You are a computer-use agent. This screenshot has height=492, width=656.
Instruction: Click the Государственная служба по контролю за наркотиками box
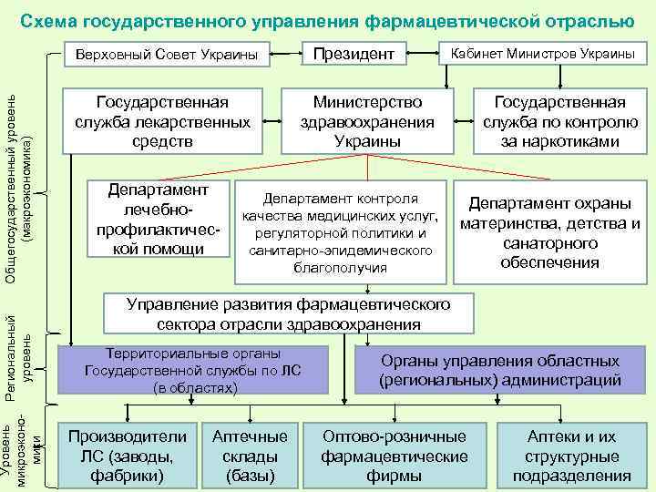pos(559,121)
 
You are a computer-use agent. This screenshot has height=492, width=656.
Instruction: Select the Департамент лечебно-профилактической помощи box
pos(158,219)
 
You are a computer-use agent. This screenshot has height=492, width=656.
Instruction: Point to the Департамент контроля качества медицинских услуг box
pos(340,232)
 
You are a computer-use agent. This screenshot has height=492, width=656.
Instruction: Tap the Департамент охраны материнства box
pos(549,232)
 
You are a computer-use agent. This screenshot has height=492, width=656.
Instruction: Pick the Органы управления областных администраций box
pos(500,370)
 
